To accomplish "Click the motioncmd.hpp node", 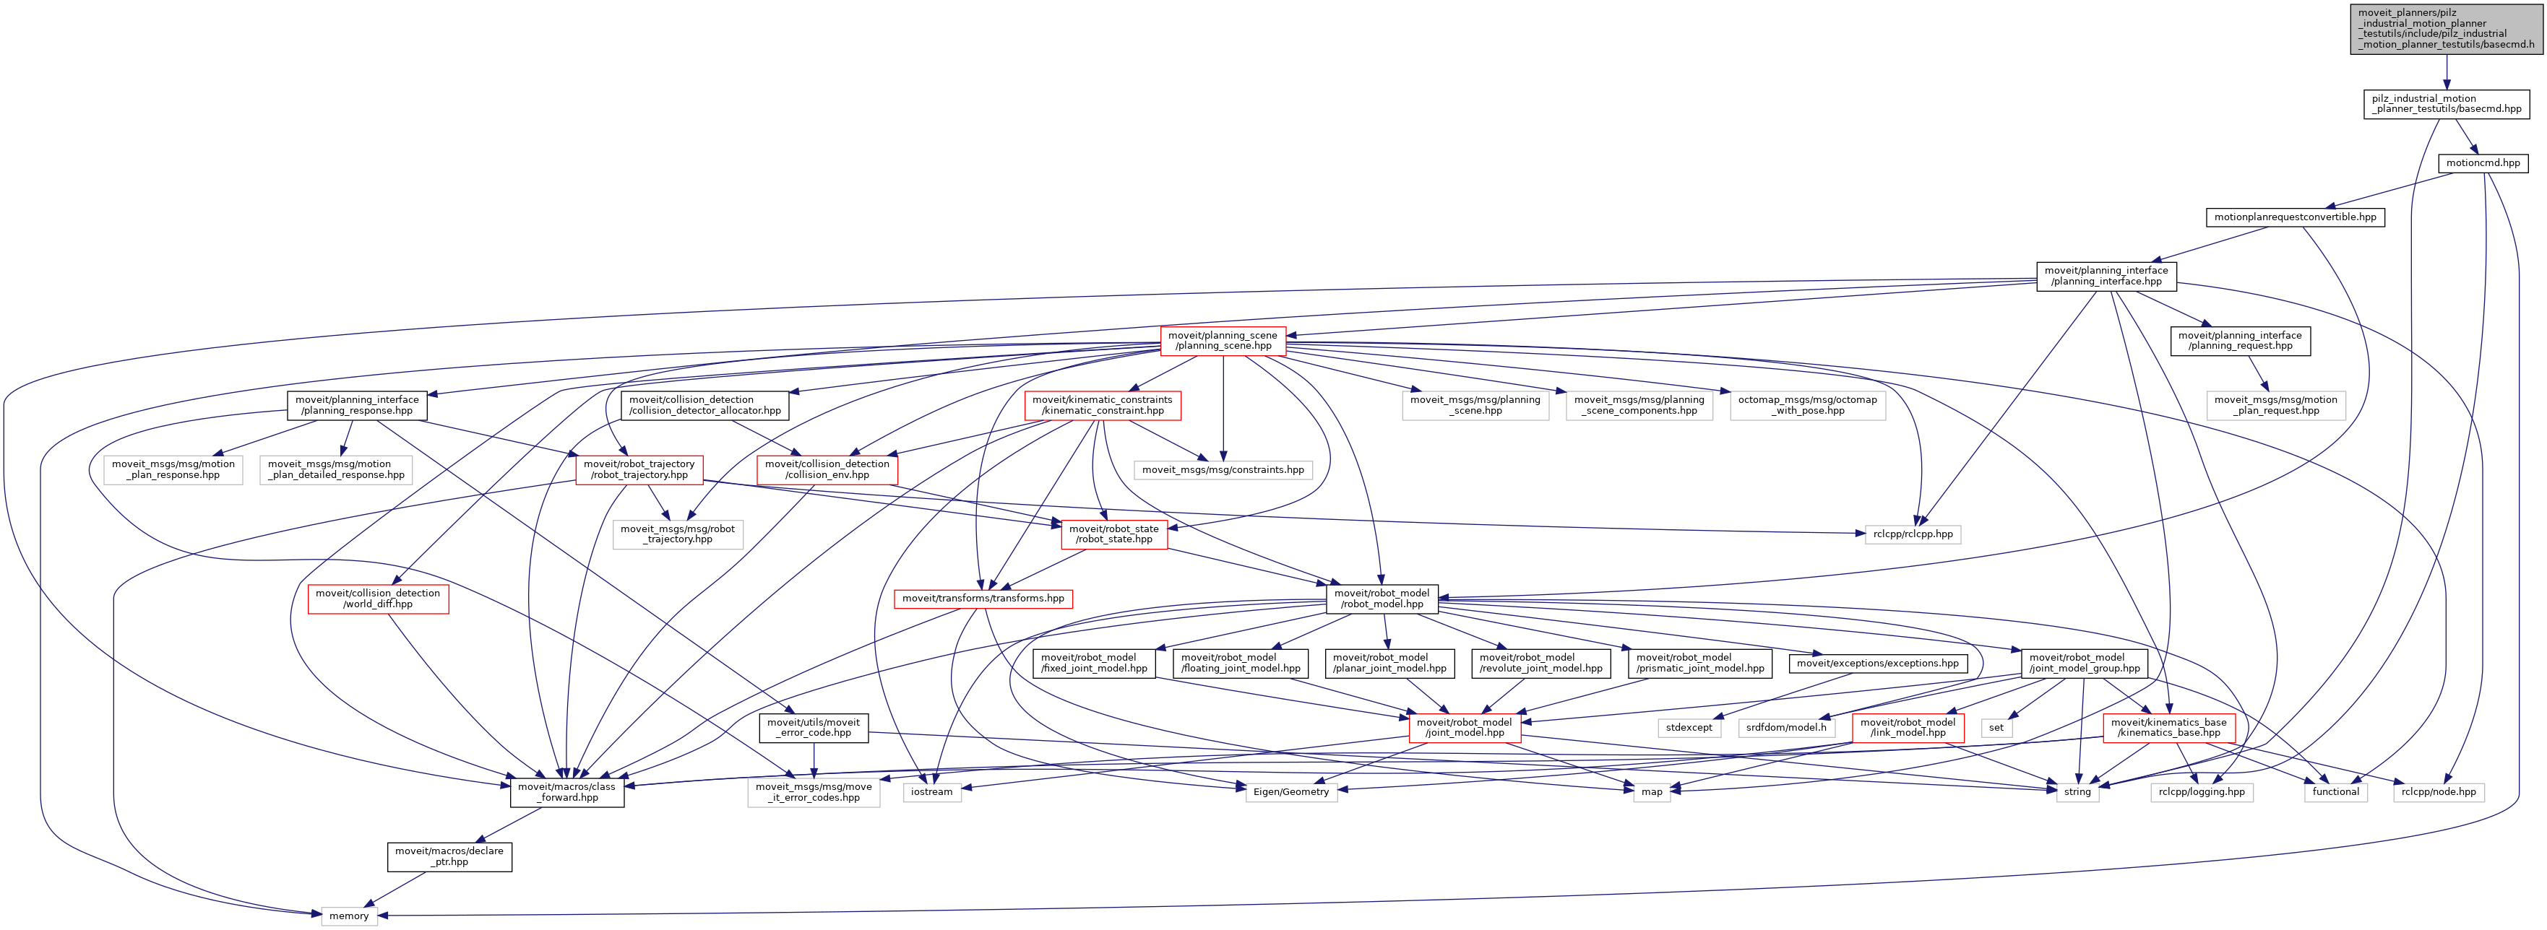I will click(x=2483, y=163).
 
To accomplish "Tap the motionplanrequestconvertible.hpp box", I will click(x=2295, y=217).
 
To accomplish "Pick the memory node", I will click(x=349, y=916).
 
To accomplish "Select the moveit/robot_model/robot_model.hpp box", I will click(x=1382, y=599).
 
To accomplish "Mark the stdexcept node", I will click(x=1689, y=727).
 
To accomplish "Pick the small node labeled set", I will click(x=1996, y=727).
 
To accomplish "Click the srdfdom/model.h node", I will click(x=1785, y=727).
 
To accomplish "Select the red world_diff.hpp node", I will click(x=378, y=599).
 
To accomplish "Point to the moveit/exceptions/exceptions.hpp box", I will click(x=1876, y=663).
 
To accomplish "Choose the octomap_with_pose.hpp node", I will click(x=1807, y=405).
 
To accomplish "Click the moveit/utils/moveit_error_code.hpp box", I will click(x=814, y=727).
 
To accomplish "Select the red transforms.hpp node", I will click(x=983, y=599).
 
